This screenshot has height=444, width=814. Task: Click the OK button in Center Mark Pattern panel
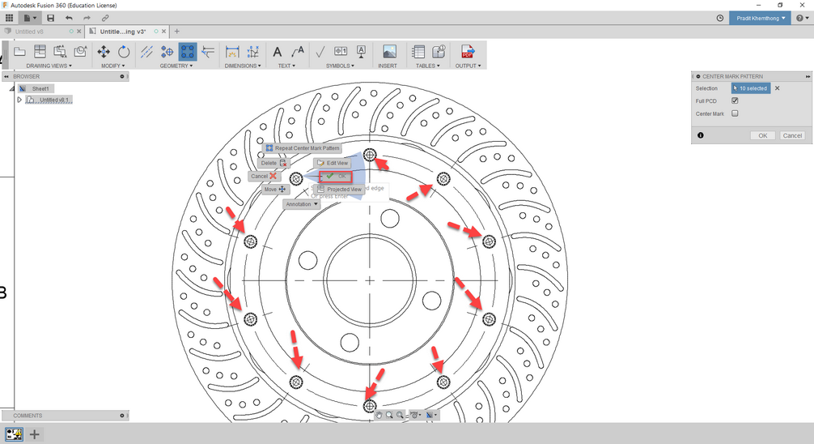[x=762, y=135]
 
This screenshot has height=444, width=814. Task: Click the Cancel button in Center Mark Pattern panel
[x=792, y=135]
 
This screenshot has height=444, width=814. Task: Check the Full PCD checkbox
[x=735, y=101]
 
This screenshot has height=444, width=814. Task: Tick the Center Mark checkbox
[x=735, y=113]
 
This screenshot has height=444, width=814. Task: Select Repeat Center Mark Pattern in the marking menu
[x=303, y=148]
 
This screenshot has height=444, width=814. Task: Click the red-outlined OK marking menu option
[x=336, y=176]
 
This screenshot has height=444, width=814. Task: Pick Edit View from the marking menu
[x=333, y=163]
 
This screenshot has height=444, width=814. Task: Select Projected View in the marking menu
[x=340, y=189]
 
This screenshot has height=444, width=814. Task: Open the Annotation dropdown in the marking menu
[x=302, y=204]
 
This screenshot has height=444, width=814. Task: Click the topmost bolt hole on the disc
[x=370, y=155]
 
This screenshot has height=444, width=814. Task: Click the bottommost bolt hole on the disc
[x=370, y=405]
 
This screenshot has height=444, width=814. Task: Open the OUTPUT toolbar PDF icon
[x=467, y=52]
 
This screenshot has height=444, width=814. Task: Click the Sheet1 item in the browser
[x=40, y=88]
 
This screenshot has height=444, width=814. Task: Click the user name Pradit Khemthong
[x=761, y=18]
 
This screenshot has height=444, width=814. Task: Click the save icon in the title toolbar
[x=51, y=18]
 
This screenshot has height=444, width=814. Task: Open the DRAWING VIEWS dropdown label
[x=49, y=66]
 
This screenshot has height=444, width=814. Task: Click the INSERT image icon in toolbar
[x=389, y=52]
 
